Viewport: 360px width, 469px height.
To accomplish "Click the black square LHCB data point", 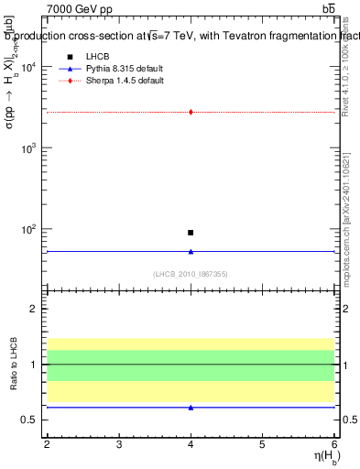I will point(191,233).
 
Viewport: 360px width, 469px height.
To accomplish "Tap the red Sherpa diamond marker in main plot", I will point(191,112).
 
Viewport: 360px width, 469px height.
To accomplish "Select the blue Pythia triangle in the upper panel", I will point(191,251).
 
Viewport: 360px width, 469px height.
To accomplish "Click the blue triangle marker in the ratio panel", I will point(191,407).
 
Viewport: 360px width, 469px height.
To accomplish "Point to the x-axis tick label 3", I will point(119,445).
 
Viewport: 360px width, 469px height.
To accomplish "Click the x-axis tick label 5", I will point(263,445).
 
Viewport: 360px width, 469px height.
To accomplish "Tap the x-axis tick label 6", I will point(333,445).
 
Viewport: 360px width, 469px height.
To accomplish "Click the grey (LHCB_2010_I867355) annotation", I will point(191,273).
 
